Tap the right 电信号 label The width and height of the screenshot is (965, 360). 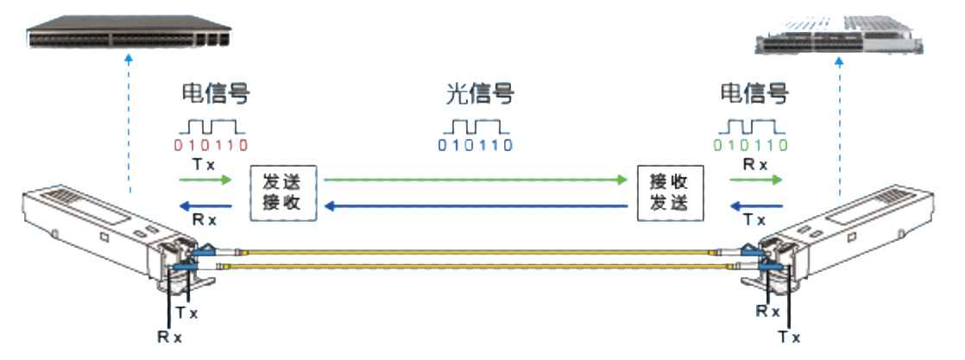tap(755, 94)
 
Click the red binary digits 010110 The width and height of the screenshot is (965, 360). tap(208, 143)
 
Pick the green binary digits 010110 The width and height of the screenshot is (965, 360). tap(753, 143)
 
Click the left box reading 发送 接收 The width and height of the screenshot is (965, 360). tap(284, 193)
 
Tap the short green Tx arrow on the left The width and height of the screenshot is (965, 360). tap(207, 180)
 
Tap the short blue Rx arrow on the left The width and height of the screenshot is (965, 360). tap(207, 206)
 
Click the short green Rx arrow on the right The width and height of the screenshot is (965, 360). tap(755, 180)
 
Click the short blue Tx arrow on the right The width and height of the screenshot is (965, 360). tap(758, 206)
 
